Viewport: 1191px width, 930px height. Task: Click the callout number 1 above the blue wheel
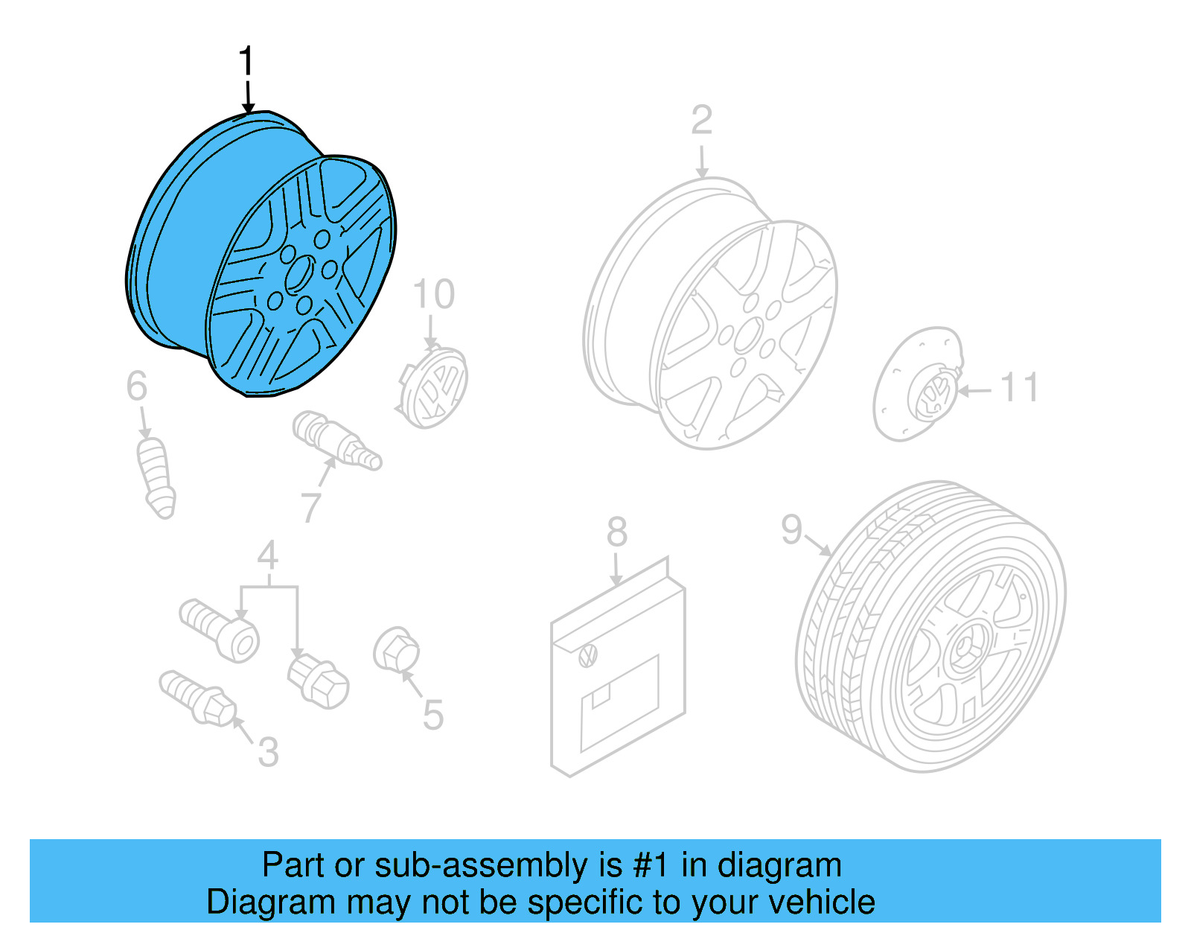pyautogui.click(x=246, y=61)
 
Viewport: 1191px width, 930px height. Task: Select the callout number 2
pyautogui.click(x=701, y=121)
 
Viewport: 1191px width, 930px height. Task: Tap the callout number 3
pyautogui.click(x=268, y=752)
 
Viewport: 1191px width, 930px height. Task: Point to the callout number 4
pyautogui.click(x=268, y=556)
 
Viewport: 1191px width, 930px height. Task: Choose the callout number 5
pyautogui.click(x=432, y=716)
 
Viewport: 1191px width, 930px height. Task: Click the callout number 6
pyautogui.click(x=137, y=386)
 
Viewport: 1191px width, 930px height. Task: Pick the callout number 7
pyautogui.click(x=311, y=508)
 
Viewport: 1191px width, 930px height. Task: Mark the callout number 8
pyautogui.click(x=616, y=532)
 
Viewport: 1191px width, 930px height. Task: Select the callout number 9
pyautogui.click(x=792, y=529)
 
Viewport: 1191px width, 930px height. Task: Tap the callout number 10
pyautogui.click(x=433, y=295)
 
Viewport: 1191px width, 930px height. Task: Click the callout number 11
pyautogui.click(x=1019, y=389)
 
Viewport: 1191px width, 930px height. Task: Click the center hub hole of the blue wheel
pyautogui.click(x=299, y=273)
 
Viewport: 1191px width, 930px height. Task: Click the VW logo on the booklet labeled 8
pyautogui.click(x=588, y=656)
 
